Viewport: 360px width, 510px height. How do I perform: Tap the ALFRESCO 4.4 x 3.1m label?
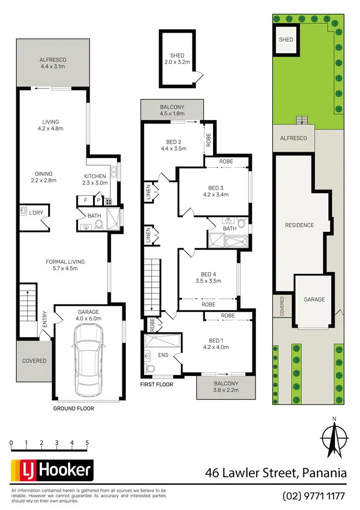(53, 63)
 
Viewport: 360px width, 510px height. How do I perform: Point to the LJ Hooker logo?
(52, 471)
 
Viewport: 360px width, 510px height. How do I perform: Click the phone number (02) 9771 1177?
(314, 495)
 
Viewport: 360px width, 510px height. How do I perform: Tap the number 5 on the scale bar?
(87, 443)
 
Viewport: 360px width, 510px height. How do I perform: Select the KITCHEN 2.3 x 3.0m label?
(98, 179)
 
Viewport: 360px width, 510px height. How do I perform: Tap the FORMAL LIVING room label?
(65, 265)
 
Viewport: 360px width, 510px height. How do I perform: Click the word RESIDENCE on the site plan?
(299, 225)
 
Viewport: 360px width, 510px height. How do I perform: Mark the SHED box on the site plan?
(286, 40)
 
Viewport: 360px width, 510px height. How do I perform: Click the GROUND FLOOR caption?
(74, 409)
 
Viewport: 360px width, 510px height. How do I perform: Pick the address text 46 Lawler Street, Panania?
(276, 473)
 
